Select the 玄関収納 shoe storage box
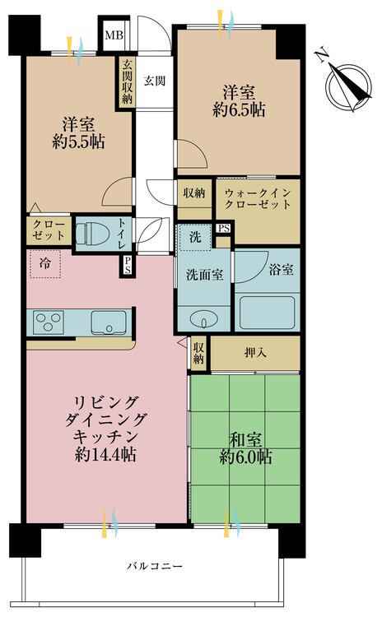click(127, 81)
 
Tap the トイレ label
click(122, 232)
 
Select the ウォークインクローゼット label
click(257, 199)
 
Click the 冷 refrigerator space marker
click(43, 265)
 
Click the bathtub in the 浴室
click(268, 311)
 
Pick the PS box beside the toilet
click(127, 265)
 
